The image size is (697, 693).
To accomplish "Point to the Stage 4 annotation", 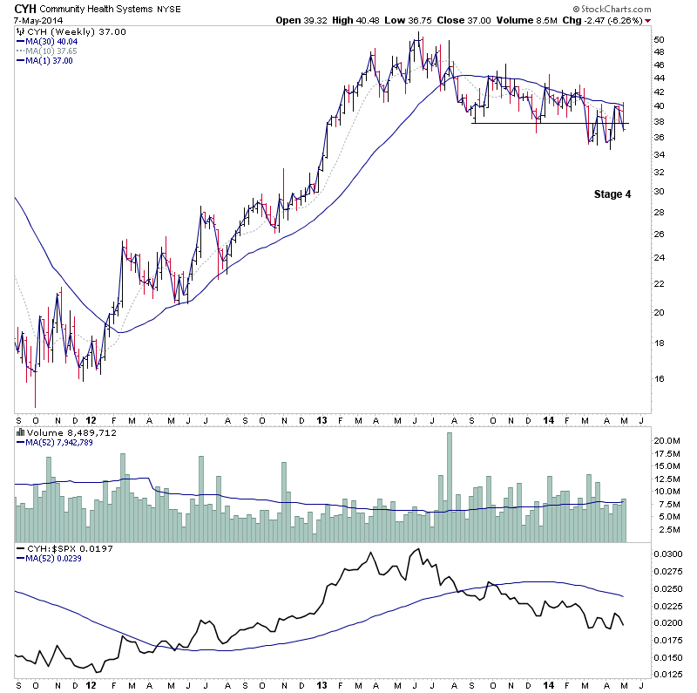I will point(606,194).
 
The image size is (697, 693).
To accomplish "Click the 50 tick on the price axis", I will point(660,40).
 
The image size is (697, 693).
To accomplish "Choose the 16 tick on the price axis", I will point(660,378).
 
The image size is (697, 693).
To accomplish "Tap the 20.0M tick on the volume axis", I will point(667,441).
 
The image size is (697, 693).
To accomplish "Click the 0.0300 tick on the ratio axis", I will point(668,554).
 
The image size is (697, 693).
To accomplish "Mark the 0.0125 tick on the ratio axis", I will point(668,674).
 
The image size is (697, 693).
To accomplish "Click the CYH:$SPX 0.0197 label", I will point(57,547).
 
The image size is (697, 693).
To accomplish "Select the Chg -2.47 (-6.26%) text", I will point(605,20).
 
